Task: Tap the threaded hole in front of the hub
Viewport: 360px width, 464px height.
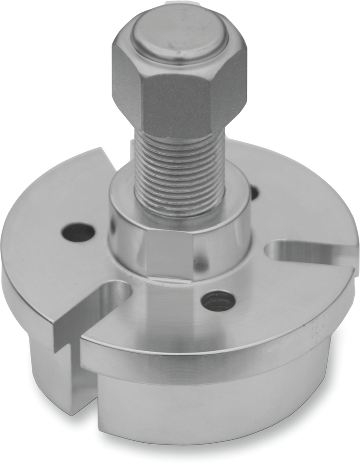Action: pos(218,301)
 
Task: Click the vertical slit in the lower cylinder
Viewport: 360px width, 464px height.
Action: pos(75,377)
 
